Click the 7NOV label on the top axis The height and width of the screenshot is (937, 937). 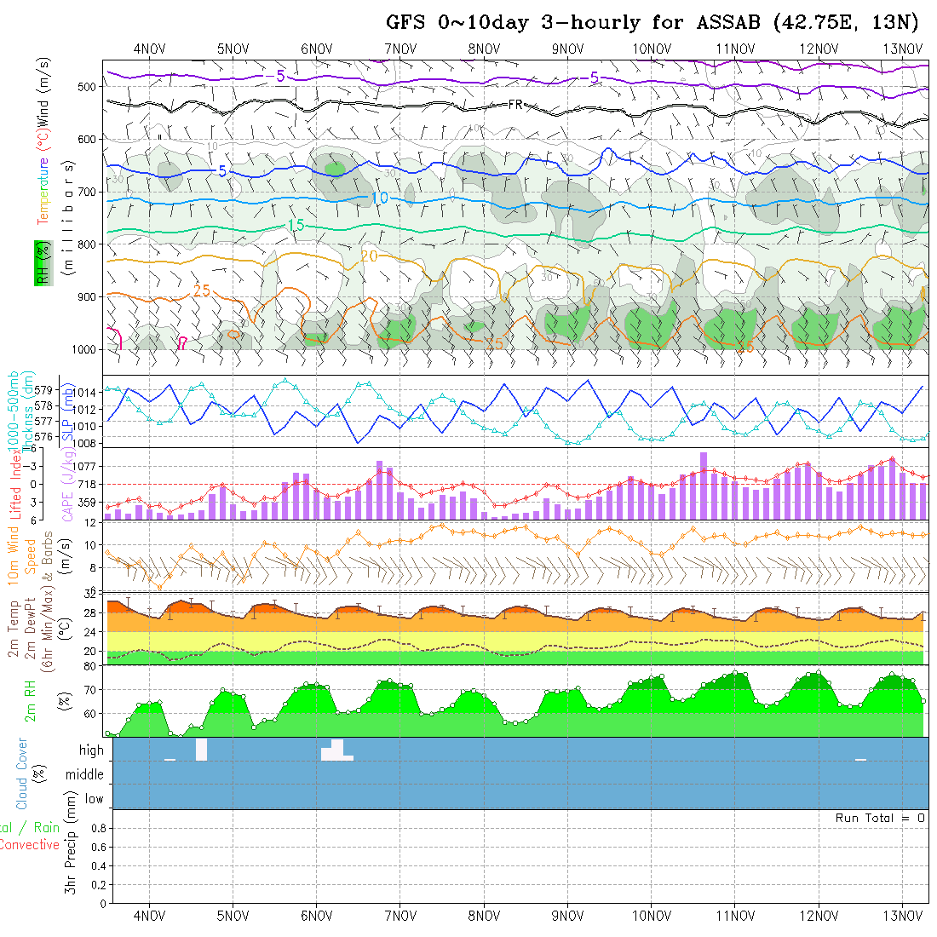coord(400,49)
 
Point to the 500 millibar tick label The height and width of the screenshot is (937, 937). coord(86,86)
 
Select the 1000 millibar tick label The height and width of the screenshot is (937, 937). coord(83,349)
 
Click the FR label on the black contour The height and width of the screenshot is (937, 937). coord(514,104)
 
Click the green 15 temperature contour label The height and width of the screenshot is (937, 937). coord(296,225)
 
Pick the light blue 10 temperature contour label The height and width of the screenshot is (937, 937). coord(380,198)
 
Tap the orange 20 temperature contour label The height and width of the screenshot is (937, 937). coord(369,256)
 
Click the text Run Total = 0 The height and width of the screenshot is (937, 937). coord(880,818)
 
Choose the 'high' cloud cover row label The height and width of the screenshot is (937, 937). coord(91,750)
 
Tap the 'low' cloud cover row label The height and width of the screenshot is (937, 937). coord(94,799)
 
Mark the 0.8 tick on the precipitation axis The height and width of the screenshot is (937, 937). coord(97,827)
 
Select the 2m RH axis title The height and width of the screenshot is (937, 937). coord(31,701)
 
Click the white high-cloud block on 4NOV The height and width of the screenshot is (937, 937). coord(201,750)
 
